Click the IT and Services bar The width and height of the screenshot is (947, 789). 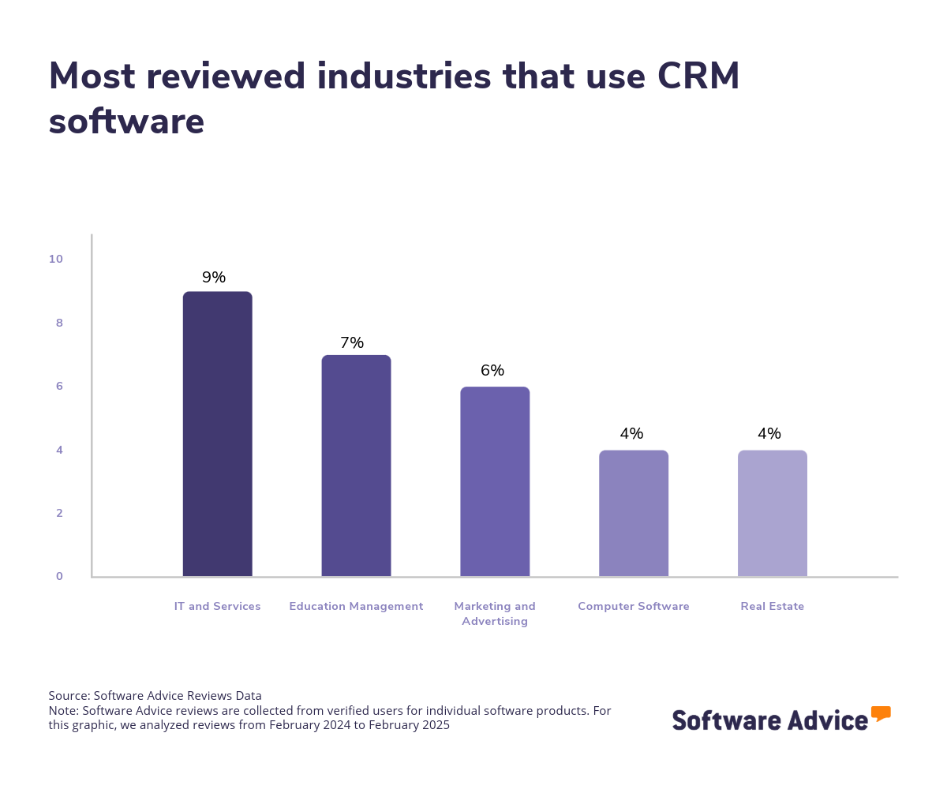click(x=217, y=434)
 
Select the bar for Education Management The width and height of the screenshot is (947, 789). click(x=356, y=466)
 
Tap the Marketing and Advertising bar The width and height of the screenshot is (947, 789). click(x=495, y=481)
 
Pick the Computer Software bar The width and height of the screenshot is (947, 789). click(x=634, y=513)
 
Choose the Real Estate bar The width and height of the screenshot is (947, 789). click(x=772, y=513)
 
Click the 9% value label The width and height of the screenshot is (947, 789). click(x=214, y=278)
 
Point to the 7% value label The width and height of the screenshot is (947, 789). click(x=352, y=343)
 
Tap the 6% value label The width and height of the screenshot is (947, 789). click(x=492, y=371)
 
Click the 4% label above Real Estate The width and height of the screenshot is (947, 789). click(x=769, y=434)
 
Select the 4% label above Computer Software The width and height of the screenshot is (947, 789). click(x=631, y=434)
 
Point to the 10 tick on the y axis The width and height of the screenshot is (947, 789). click(x=55, y=260)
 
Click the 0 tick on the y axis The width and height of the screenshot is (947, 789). click(x=59, y=577)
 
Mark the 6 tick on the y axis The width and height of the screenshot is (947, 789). click(x=59, y=387)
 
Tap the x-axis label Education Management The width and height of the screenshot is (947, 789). click(x=356, y=607)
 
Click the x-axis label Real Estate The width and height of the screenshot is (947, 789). click(x=772, y=607)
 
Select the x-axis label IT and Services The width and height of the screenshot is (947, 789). click(x=217, y=607)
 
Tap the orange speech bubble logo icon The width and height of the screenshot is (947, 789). click(x=881, y=713)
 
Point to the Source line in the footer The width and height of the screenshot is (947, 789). click(x=155, y=696)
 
